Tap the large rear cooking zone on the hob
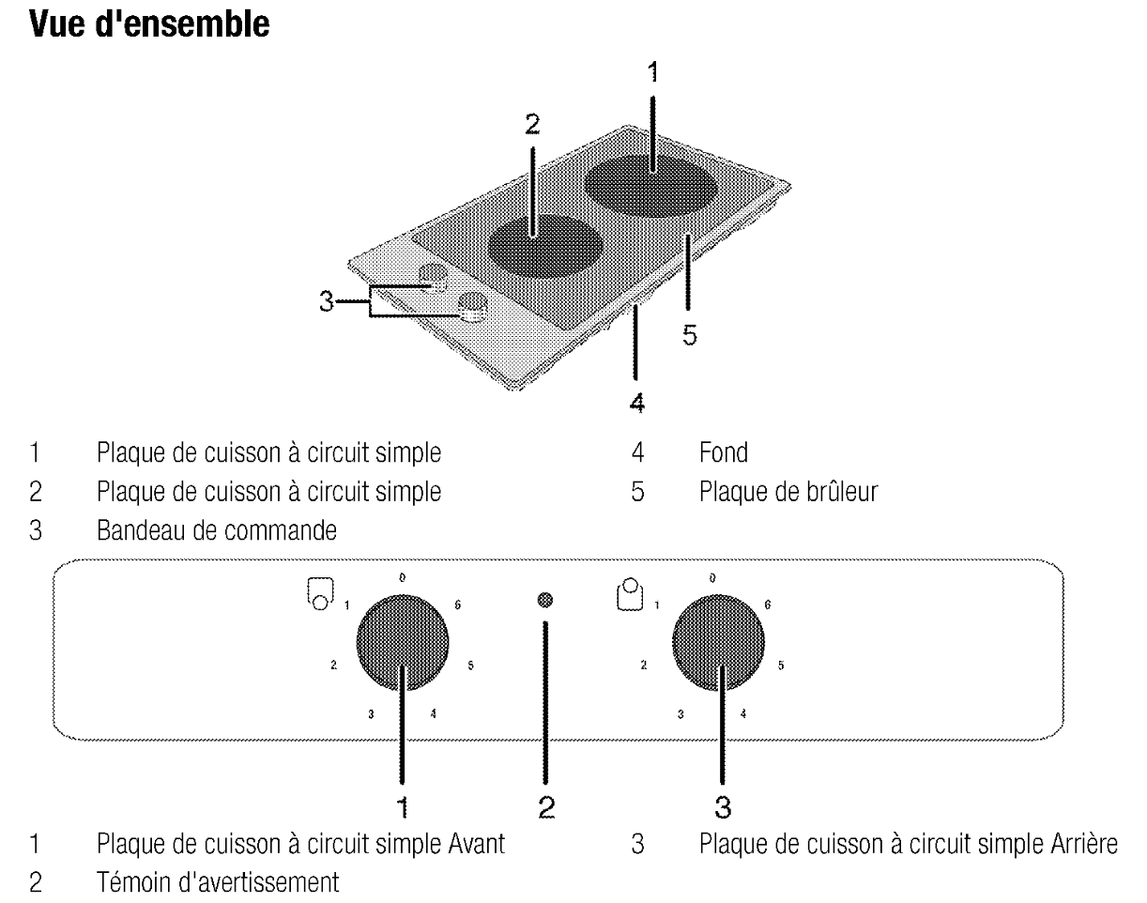[x=653, y=184]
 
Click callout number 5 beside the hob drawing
[x=690, y=336]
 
